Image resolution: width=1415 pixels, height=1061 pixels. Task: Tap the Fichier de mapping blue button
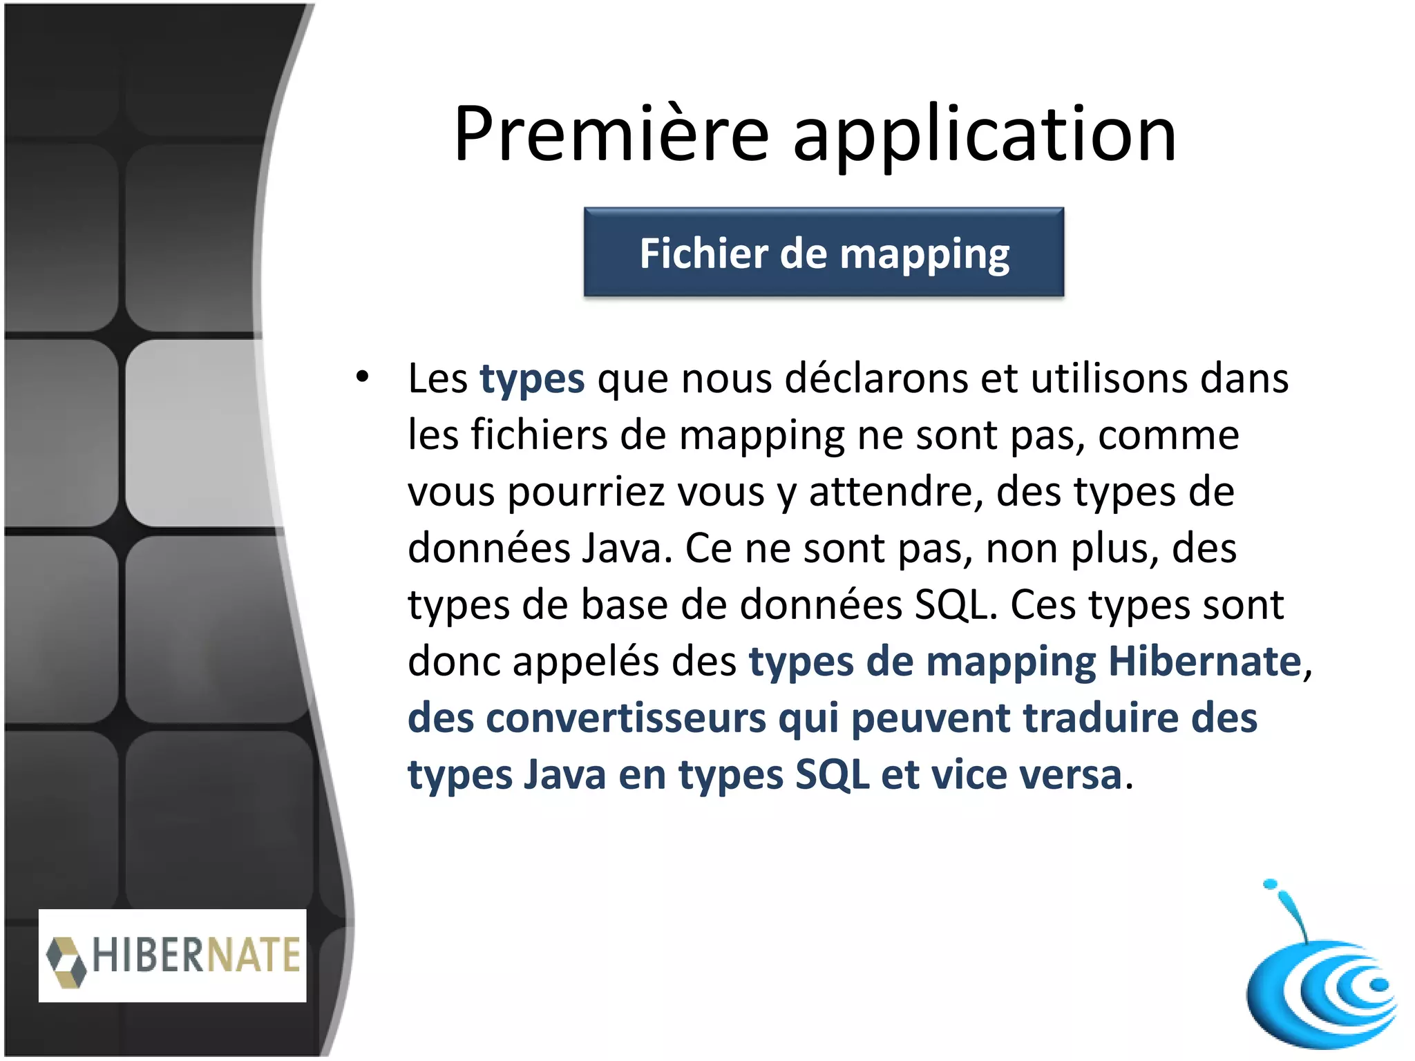(824, 253)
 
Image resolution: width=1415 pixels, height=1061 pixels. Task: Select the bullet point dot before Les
(363, 377)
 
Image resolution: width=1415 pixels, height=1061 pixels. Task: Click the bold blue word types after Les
(532, 380)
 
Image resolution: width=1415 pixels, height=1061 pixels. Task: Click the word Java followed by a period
(626, 548)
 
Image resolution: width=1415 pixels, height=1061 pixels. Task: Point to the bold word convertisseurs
(626, 718)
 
